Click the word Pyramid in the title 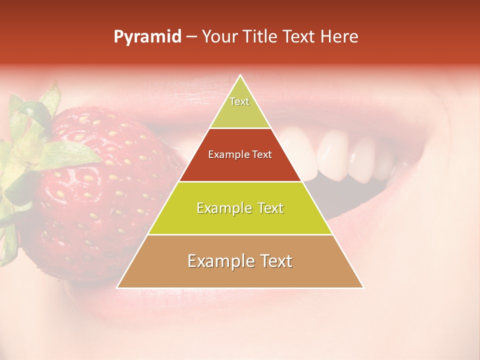point(147,37)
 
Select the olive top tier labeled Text point(239,107)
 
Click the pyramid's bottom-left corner point(117,287)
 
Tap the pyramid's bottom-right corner point(363,287)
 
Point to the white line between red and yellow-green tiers point(240,181)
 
